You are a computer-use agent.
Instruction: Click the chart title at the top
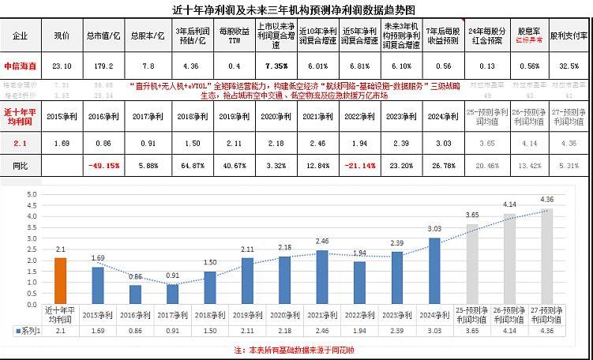coord(295,10)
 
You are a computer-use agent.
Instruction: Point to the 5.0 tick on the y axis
coord(32,194)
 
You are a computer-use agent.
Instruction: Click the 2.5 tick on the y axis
coord(32,249)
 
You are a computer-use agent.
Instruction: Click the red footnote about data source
coord(295,348)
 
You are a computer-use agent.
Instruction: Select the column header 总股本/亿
coord(145,36)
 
